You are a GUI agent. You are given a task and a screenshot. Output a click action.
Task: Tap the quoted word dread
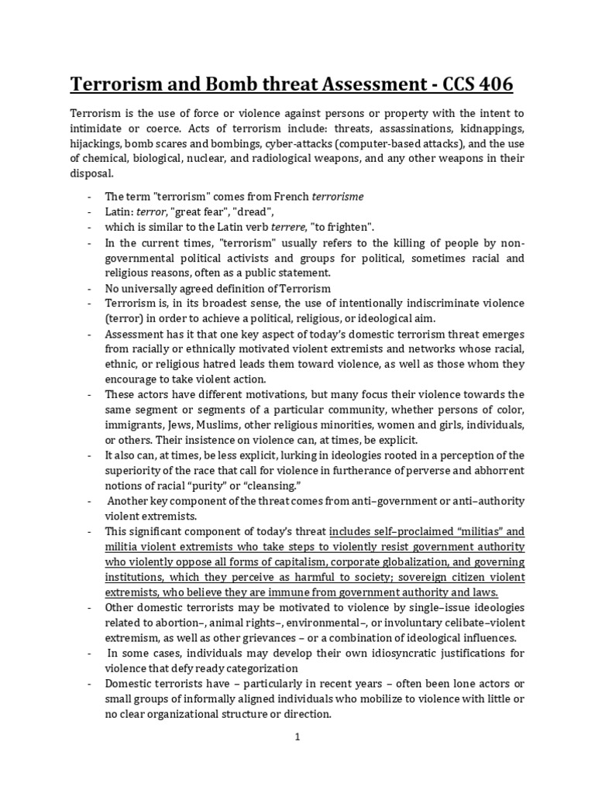tap(253, 211)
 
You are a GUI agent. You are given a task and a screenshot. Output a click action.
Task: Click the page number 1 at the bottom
tap(297, 737)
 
